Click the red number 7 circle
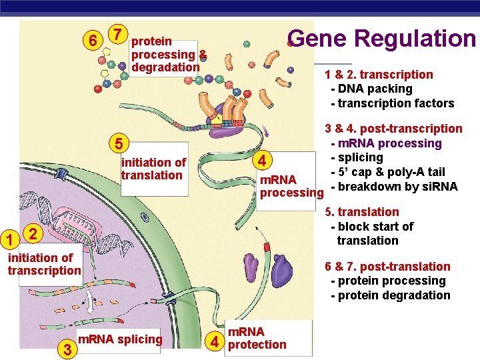[x=117, y=33]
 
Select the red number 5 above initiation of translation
[x=117, y=144]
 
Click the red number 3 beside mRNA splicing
[x=65, y=348]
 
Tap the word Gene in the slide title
[x=318, y=39]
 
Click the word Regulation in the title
[x=415, y=39]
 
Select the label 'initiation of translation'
[x=153, y=169]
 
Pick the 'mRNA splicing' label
[x=120, y=339]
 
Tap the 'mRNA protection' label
[x=257, y=338]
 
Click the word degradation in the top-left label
[x=165, y=67]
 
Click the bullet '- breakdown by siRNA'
[x=394, y=187]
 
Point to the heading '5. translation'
[x=361, y=212]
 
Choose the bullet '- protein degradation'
[x=390, y=295]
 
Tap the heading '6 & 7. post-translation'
[x=387, y=267]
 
